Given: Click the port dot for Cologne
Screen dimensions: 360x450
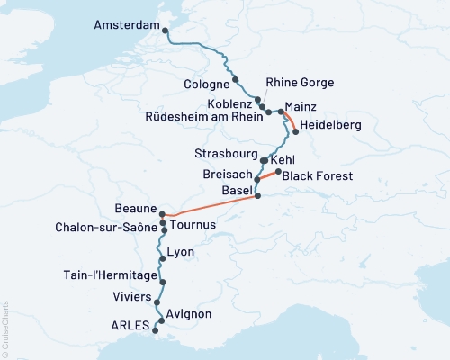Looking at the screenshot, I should [236, 79].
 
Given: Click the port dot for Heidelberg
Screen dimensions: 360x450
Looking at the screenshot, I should [296, 133].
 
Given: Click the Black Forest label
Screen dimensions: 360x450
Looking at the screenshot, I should [316, 176].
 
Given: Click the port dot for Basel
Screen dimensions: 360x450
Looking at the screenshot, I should [257, 195].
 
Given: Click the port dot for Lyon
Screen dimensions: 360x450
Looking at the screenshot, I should [162, 259].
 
